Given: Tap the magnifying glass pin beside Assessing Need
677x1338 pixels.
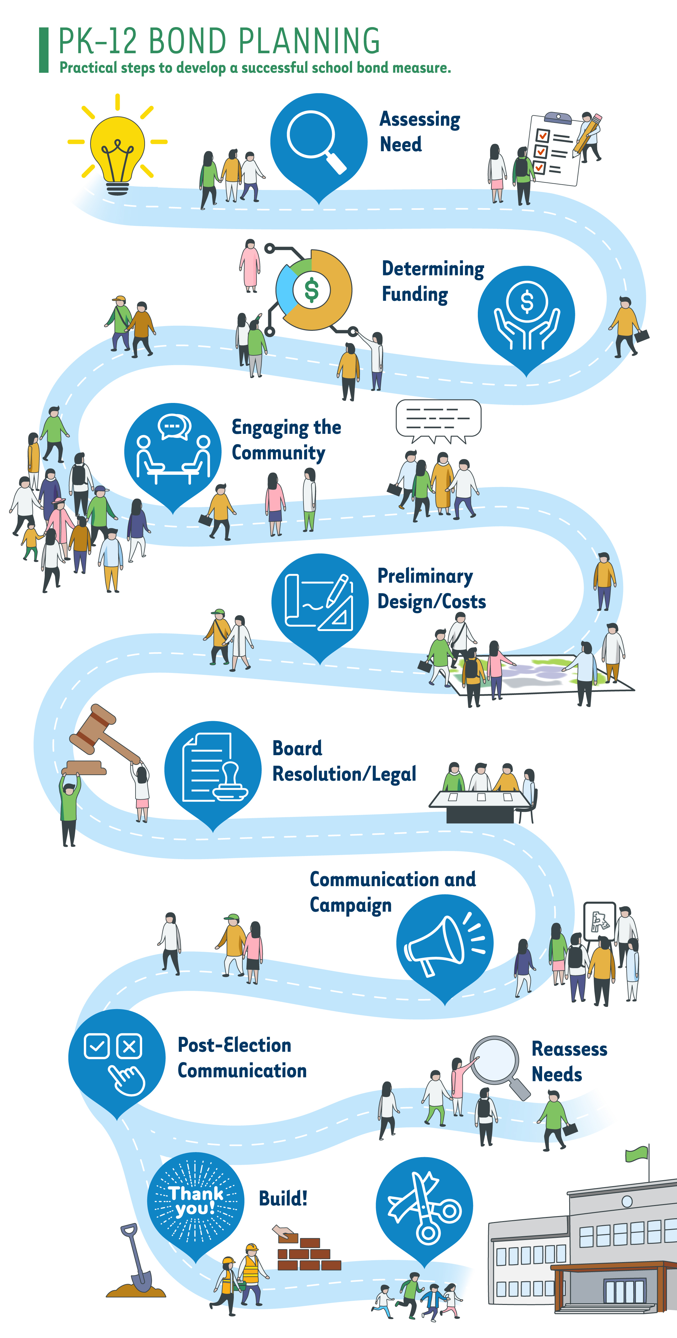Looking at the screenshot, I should point(319,142).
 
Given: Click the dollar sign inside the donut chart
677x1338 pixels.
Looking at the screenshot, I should point(311,290).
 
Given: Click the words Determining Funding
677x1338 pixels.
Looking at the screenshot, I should point(432,281).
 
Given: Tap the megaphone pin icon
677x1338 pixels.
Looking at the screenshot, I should point(445,942).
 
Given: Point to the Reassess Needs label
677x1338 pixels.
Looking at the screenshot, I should point(569,1061).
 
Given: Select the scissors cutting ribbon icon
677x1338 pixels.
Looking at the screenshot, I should point(424,1206).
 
